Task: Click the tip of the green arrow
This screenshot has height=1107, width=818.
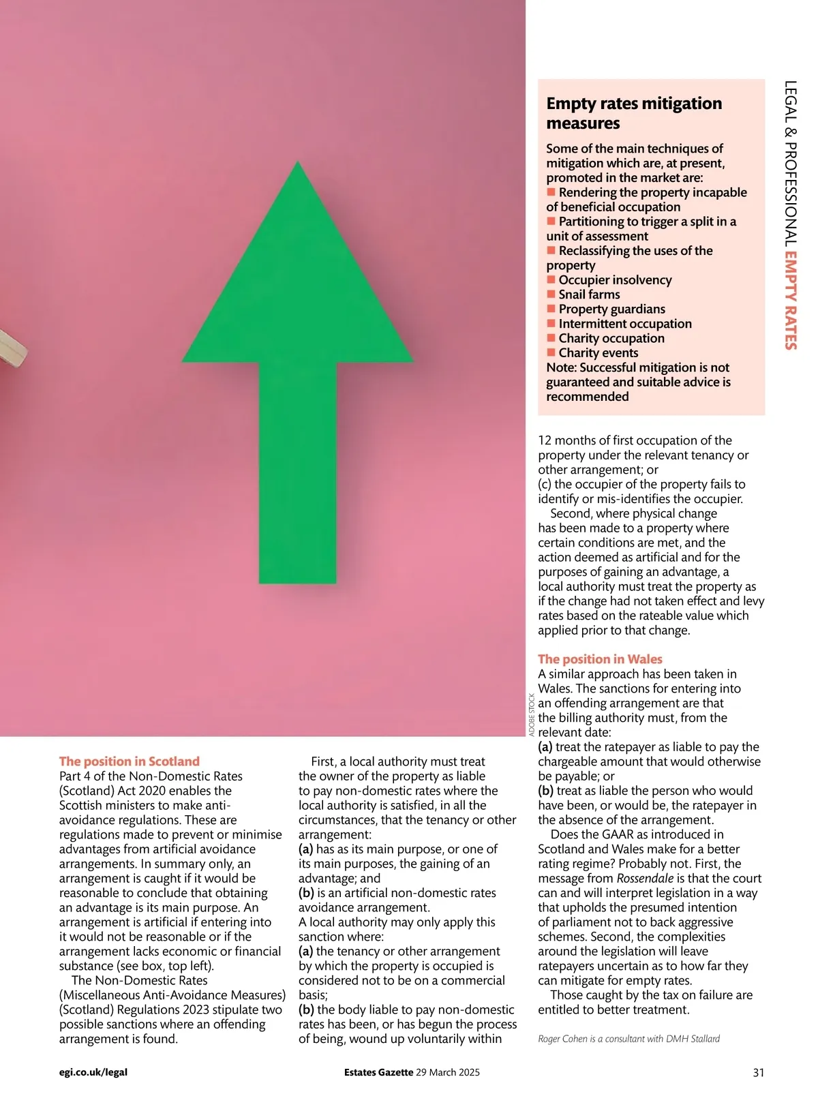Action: [298, 164]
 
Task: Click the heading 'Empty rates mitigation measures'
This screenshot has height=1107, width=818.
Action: [633, 113]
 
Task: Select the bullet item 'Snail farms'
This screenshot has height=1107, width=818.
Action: [589, 294]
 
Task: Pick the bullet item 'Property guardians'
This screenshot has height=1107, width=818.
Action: [611, 309]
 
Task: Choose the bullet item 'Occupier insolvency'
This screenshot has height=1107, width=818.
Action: [615, 280]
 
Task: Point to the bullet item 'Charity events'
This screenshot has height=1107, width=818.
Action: [598, 353]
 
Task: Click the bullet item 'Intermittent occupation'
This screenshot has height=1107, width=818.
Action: [624, 324]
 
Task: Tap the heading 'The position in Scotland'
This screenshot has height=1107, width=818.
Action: [129, 761]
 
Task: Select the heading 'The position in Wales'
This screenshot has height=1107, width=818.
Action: [600, 659]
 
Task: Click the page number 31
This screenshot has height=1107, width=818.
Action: [758, 1072]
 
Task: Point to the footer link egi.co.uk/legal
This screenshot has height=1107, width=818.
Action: [93, 1072]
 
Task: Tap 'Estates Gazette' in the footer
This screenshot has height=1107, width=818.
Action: [378, 1072]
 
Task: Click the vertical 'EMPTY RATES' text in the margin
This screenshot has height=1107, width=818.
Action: [791, 301]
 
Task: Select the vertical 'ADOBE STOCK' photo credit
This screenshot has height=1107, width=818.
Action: [532, 714]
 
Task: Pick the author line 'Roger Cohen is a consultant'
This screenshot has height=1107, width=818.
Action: [628, 1039]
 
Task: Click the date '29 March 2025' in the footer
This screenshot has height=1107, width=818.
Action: [448, 1072]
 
